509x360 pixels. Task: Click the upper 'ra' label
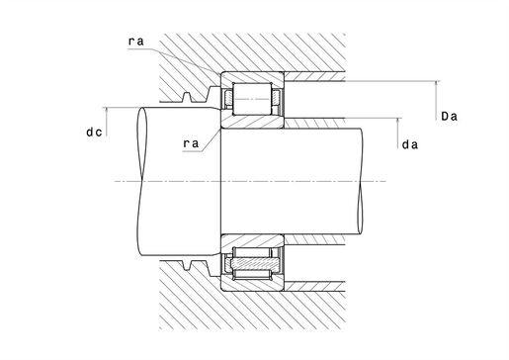click(136, 42)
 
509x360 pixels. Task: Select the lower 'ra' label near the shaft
click(191, 143)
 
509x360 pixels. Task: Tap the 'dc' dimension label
click(94, 132)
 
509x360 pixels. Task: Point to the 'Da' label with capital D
click(449, 116)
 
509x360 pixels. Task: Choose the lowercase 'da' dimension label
click(410, 144)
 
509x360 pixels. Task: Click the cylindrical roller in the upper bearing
click(252, 99)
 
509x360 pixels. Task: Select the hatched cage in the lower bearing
click(255, 263)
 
